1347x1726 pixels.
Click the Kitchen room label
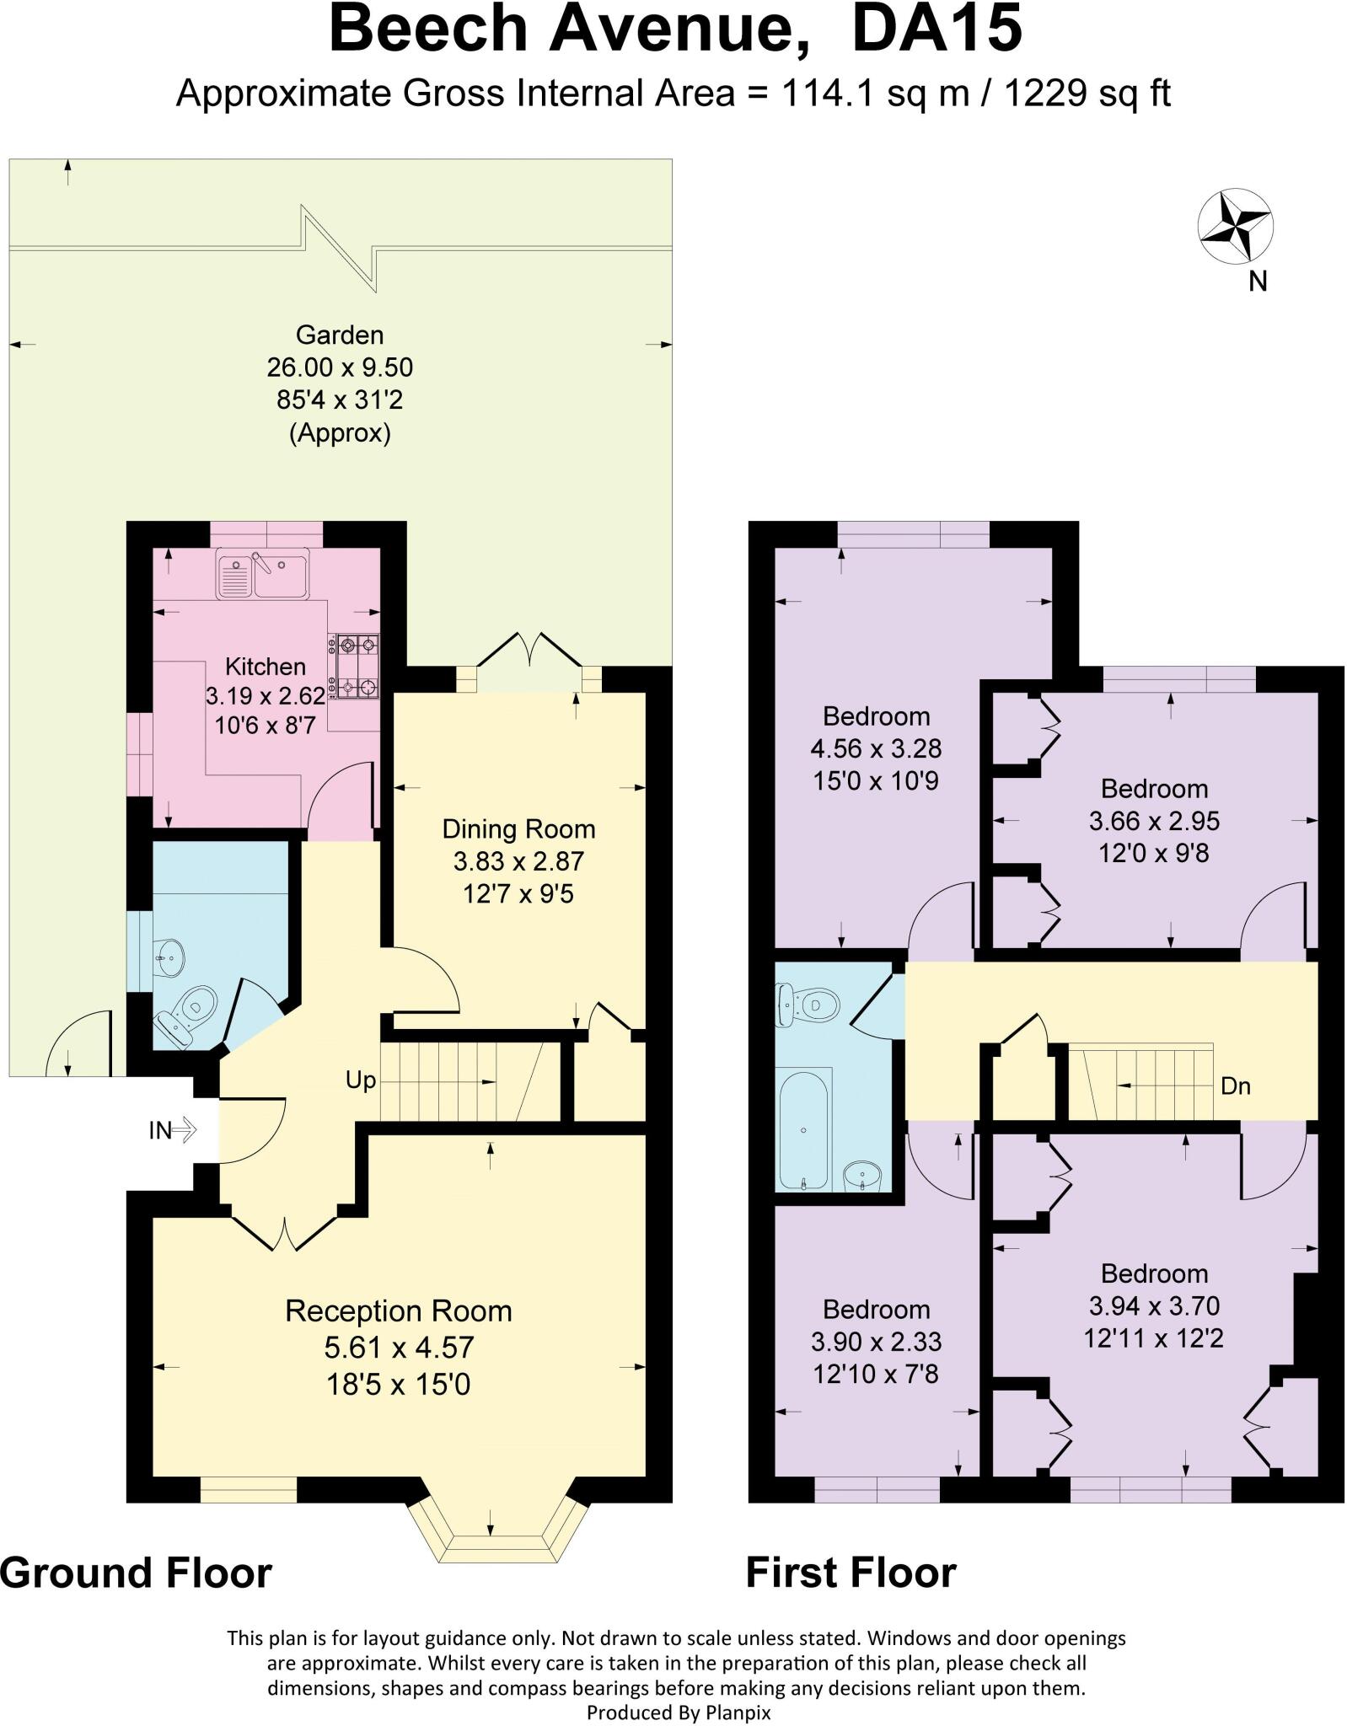pos(265,667)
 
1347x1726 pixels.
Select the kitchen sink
pos(262,573)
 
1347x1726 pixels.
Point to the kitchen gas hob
pos(357,667)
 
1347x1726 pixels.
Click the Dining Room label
pos(518,829)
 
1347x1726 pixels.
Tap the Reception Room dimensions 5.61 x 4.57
pos(399,1347)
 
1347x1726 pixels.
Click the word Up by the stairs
pos(361,1080)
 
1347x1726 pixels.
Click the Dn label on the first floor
pos(1235,1086)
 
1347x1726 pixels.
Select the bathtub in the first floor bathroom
pos(804,1128)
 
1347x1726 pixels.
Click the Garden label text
pos(340,335)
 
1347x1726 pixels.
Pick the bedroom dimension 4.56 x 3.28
pos(876,748)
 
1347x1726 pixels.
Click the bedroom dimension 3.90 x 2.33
pos(876,1341)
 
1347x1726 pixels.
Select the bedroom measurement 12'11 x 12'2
pos(1153,1337)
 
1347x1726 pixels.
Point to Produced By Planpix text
pos(678,1713)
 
